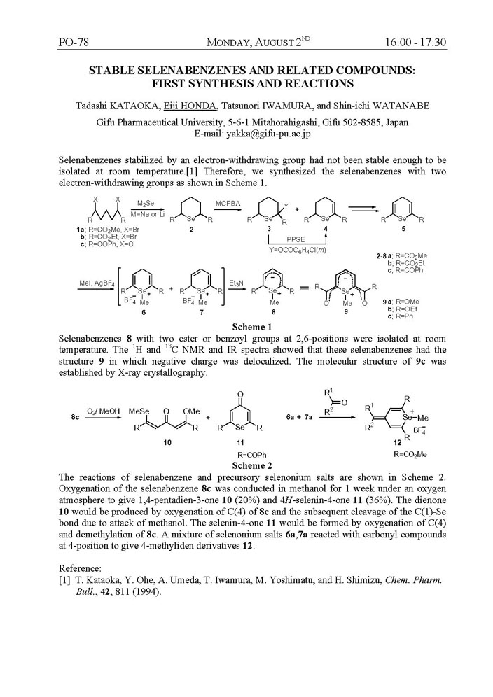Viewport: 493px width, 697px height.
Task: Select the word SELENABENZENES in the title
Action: [x=188, y=71]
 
